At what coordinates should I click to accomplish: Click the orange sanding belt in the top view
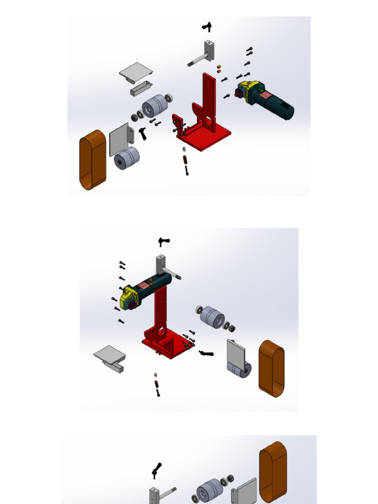(x=93, y=160)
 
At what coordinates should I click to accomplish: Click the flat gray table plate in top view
(x=135, y=72)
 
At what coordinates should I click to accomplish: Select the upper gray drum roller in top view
(x=155, y=105)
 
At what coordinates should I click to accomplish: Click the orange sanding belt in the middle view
(x=272, y=368)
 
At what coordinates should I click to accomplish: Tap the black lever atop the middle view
(x=163, y=241)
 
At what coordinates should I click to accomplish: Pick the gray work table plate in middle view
(x=109, y=353)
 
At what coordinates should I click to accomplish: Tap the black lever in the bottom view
(x=157, y=471)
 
